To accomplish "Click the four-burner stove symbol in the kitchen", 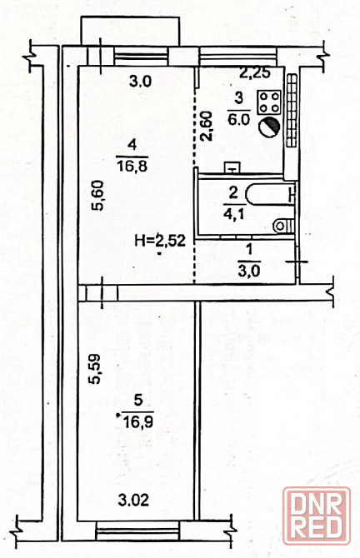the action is point(269,102).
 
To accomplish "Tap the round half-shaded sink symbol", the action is point(269,126).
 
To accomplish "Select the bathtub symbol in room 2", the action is point(270,194).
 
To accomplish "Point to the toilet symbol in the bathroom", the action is point(284,226).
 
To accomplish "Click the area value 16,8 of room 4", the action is point(132,166).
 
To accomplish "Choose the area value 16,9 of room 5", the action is point(137,421).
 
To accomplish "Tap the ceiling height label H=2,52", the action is point(160,241).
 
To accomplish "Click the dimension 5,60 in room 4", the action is point(97,196).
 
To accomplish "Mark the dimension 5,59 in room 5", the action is point(95,369).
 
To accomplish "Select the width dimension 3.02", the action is point(133,501).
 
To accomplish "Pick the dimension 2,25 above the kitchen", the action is point(255,73).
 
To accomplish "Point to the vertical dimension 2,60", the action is point(207,126).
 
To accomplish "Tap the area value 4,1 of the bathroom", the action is point(232,214).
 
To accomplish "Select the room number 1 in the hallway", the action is point(249,250).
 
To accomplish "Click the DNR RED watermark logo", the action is point(317,516).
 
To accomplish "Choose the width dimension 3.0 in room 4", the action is point(140,82).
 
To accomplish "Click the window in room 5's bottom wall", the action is point(137,531).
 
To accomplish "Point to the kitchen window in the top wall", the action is point(237,57).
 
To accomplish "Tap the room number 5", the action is point(137,401).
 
